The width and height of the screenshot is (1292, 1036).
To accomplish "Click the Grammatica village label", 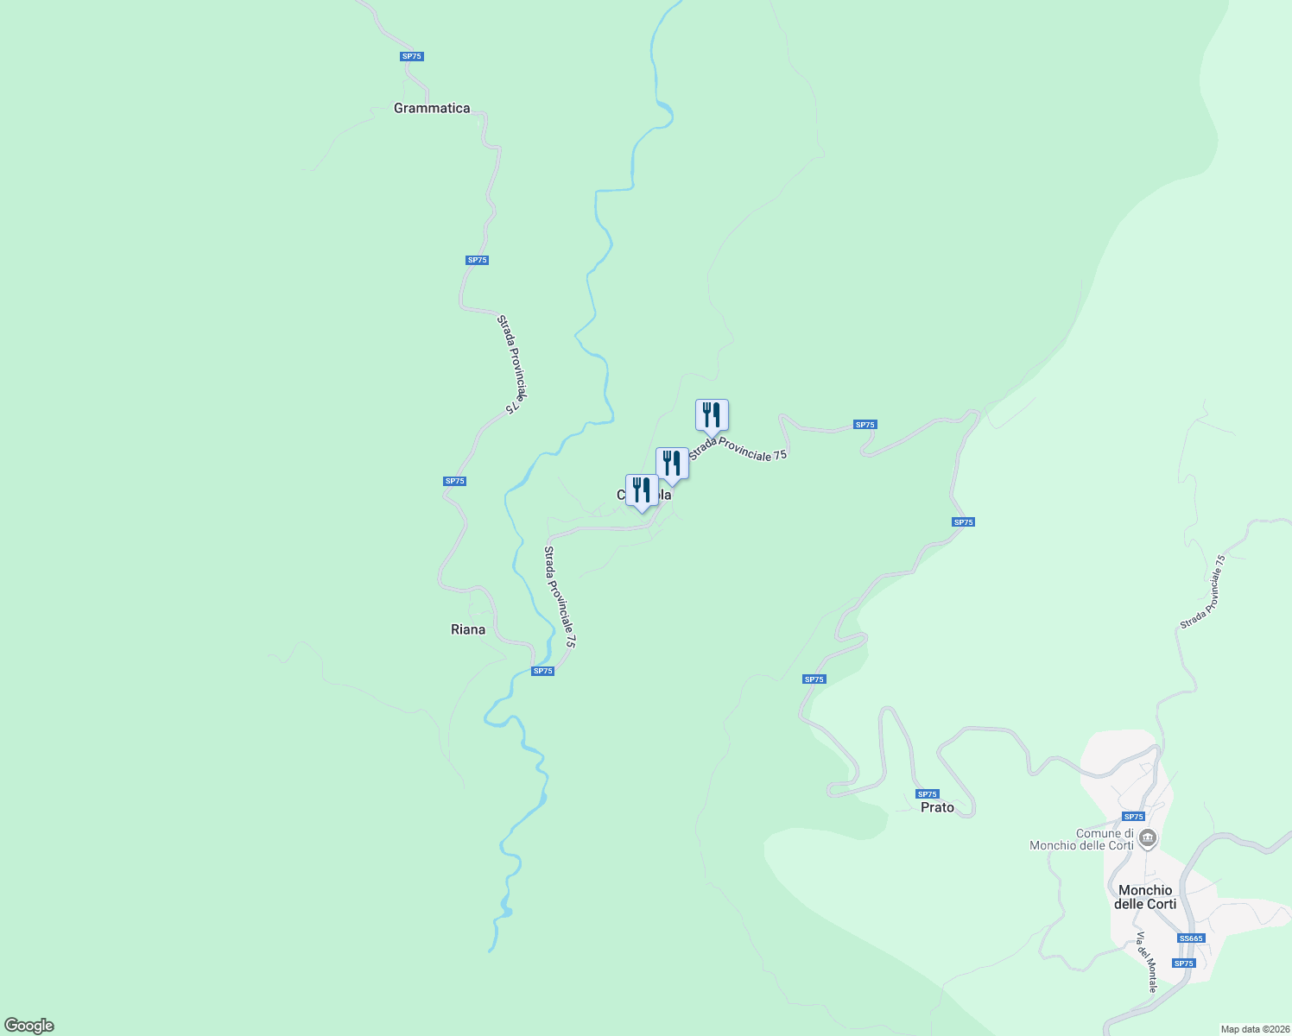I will point(432,108).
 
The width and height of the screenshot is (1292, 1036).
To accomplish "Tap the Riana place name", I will point(468,629).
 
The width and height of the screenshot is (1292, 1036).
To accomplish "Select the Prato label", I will point(937,807).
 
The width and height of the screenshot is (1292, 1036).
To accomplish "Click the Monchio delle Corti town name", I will point(1145,897).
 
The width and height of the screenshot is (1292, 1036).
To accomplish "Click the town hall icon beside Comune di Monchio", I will point(1148,837).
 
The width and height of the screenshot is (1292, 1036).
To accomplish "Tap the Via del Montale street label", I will point(1147,962).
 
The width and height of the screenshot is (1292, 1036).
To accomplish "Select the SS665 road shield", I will point(1190,938).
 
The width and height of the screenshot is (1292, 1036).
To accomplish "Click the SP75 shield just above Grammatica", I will point(412,56).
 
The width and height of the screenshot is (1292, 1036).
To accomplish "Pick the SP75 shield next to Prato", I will point(927,794).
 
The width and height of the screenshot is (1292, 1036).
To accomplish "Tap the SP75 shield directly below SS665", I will point(1183,963).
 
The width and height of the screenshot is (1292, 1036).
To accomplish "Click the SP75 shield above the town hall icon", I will point(1133,817).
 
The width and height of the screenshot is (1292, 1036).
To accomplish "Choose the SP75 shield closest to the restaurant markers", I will point(864,425).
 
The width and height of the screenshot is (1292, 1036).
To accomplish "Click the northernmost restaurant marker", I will point(712,415).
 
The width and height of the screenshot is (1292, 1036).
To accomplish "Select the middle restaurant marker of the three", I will point(672,464).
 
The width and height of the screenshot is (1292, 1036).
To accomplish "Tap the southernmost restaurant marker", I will point(642,490).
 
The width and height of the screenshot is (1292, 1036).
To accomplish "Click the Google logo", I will point(29,1026).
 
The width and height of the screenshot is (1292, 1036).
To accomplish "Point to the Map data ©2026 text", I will point(1253,1029).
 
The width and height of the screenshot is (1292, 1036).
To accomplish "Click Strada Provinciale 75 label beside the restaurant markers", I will point(738,448).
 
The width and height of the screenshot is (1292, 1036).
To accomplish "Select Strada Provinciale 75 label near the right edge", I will point(1203,592).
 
